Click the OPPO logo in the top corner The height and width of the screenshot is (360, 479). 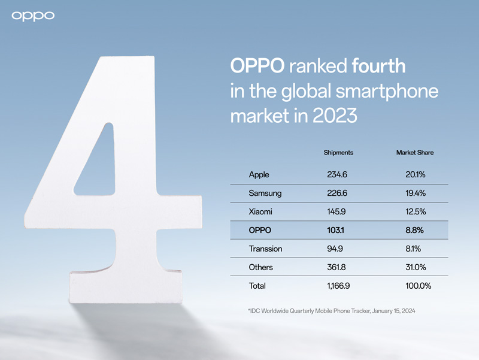tap(34, 15)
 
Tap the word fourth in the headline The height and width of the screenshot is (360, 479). tap(378, 65)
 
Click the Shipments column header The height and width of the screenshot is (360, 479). tap(338, 153)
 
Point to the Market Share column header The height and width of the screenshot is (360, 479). tap(414, 153)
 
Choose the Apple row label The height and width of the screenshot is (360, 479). tap(259, 175)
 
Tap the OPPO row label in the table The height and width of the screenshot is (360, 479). tap(260, 230)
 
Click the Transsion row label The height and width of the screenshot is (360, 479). tap(265, 249)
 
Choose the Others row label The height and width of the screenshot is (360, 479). tap(261, 267)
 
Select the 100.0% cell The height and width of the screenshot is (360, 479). tap(418, 286)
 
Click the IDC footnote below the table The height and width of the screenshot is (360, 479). tap(332, 311)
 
